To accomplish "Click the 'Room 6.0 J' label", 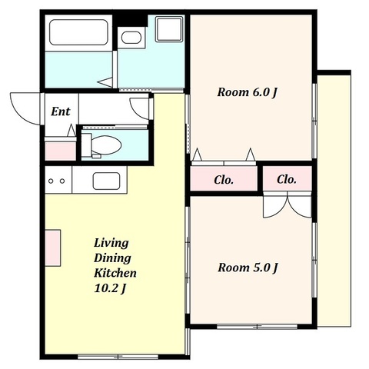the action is pos(248,92).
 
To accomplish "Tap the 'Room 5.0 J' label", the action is pos(248,268).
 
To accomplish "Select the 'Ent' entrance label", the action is pos(61,111).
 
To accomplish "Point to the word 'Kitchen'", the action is pos(115,273).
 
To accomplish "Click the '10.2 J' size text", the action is pos(110,288).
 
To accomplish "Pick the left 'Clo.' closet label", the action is pos(224,180).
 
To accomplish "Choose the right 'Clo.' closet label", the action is pos(287,179).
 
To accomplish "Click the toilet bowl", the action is pos(106,145).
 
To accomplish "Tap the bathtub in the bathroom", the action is pos(78,32).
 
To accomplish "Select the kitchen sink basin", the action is pos(106,181).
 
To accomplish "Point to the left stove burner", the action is pos(51,181).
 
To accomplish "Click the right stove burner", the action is pos(62,181).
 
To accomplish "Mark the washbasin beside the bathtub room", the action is pos(131,38).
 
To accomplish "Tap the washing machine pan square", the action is pos(169,28).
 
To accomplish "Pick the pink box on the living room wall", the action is pos(53,248).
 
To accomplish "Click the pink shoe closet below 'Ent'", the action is pos(61,151).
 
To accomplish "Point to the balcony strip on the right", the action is pos(334,201).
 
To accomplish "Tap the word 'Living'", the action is pos(111,243).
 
